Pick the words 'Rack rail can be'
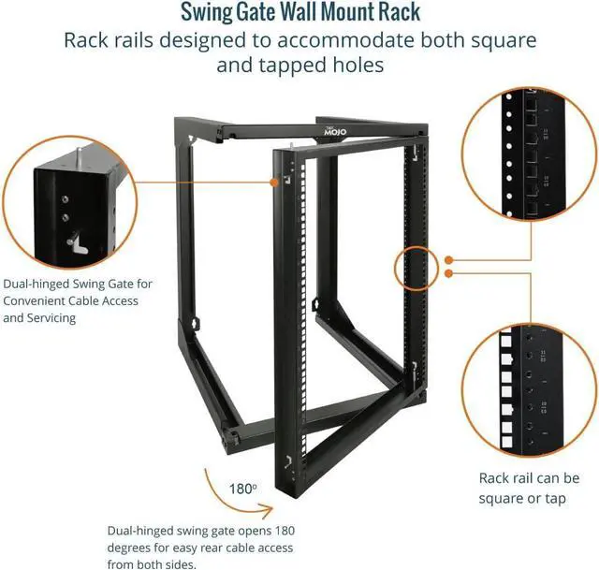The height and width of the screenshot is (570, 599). pyautogui.click(x=530, y=477)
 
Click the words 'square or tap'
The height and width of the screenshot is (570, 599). pyautogui.click(x=522, y=498)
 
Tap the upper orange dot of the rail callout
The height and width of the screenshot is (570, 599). pyautogui.click(x=450, y=259)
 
